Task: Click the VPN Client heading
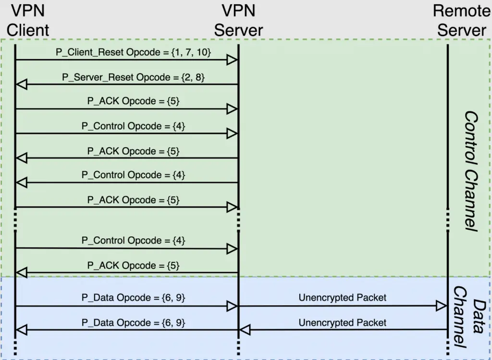point(27,21)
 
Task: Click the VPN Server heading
point(238,21)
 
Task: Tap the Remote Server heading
point(462,21)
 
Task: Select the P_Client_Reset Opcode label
point(134,52)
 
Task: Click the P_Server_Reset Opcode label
point(134,77)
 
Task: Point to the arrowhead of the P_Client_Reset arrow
point(232,60)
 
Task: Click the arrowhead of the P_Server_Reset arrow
point(21,85)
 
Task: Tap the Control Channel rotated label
point(471,171)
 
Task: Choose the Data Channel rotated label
point(469,317)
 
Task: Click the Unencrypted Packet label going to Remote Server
point(342,298)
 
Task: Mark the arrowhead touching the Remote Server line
point(442,306)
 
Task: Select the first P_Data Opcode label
point(134,298)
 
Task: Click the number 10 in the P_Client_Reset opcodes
point(202,52)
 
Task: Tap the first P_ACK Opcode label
point(134,101)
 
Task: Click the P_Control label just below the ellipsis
point(134,240)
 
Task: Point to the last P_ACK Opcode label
point(134,265)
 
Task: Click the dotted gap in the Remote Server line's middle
point(448,220)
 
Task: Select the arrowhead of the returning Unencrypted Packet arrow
point(245,330)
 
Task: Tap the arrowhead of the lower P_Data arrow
point(21,330)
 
